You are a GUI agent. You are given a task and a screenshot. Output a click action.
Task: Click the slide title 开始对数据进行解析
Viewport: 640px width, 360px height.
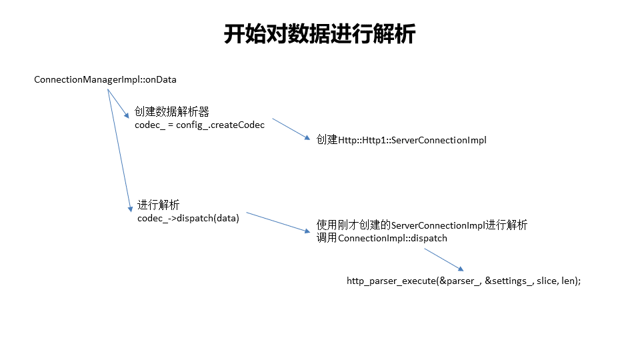(x=319, y=33)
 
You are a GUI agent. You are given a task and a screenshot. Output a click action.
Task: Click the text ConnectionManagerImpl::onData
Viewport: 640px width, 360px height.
(x=105, y=80)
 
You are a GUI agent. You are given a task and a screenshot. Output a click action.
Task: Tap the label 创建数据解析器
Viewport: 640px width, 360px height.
(x=172, y=112)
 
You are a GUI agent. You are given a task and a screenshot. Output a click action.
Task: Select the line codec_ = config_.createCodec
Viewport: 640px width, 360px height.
(x=199, y=125)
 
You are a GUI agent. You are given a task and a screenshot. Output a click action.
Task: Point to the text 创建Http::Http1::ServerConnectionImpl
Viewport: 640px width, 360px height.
(x=402, y=140)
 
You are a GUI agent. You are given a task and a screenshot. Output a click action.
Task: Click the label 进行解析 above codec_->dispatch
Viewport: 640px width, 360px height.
(x=158, y=205)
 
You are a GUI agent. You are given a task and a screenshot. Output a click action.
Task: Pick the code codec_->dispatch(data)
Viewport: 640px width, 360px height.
(x=188, y=218)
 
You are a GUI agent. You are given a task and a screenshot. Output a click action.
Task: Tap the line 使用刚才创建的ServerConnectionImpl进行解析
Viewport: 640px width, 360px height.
(x=421, y=225)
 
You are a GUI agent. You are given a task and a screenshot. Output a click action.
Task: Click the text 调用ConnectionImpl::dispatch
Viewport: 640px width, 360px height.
(x=382, y=238)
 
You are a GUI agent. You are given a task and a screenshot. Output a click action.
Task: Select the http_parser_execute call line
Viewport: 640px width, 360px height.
(x=463, y=281)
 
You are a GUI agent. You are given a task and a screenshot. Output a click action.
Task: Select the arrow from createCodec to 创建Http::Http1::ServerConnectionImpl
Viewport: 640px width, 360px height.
(x=291, y=129)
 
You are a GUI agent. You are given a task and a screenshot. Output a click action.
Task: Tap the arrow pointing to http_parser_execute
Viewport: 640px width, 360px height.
(x=444, y=259)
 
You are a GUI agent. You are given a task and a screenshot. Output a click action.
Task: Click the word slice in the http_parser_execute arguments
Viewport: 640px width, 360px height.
(x=547, y=281)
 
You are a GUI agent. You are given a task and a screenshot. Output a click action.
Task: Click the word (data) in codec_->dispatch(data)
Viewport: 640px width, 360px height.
(x=226, y=218)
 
